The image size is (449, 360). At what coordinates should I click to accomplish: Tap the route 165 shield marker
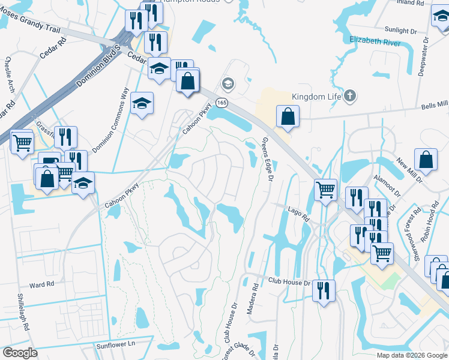222,103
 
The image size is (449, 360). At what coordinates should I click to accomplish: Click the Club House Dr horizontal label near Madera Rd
288,281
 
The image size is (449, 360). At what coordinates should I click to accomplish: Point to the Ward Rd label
41,283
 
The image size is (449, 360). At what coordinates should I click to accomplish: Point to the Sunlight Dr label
400,30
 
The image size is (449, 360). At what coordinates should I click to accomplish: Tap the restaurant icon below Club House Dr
324,291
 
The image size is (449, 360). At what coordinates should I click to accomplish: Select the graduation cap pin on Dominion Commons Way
142,103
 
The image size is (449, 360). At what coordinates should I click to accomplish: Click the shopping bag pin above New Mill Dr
426,160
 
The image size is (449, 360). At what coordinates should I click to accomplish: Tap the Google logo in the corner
20,353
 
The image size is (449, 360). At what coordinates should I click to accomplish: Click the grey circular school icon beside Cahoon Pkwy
227,82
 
